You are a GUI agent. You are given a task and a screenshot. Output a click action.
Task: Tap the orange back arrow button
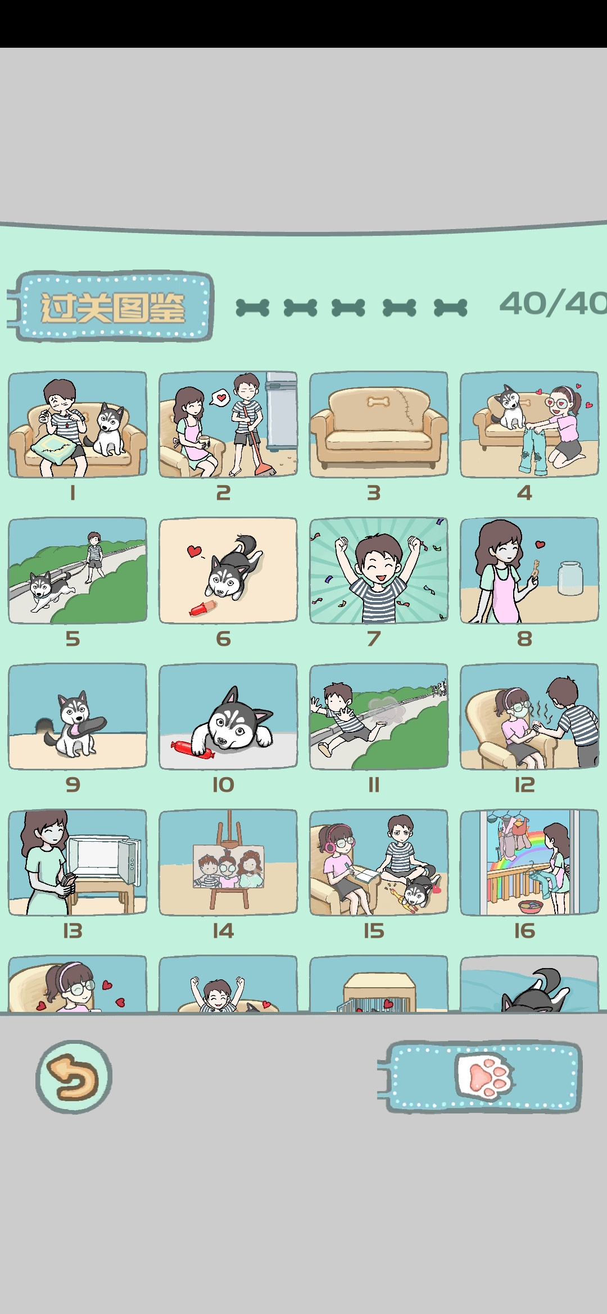[74, 1076]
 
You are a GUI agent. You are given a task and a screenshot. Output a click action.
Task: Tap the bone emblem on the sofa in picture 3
[379, 401]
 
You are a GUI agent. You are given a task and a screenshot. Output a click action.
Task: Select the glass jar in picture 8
[570, 578]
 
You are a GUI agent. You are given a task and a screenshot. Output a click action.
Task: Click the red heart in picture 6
[194, 551]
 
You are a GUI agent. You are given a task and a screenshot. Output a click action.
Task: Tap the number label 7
[374, 638]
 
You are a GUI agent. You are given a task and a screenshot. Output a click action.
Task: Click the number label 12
[524, 784]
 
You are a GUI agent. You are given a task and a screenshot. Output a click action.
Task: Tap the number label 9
[73, 784]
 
